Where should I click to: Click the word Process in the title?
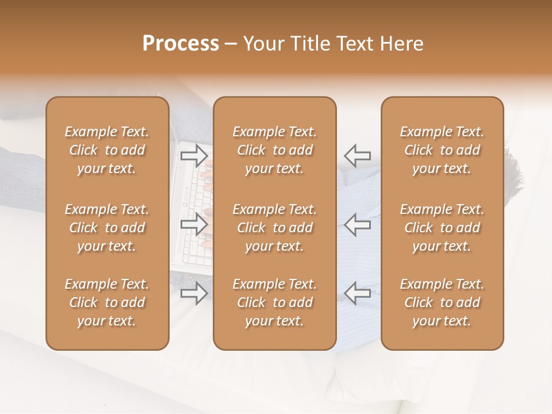pyautogui.click(x=181, y=44)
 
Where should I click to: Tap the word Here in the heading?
pyautogui.click(x=401, y=44)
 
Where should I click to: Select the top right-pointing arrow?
pyautogui.click(x=194, y=155)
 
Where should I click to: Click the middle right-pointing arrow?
pyautogui.click(x=194, y=224)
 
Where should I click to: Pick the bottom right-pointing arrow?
pyautogui.click(x=194, y=293)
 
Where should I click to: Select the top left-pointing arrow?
pyautogui.click(x=357, y=155)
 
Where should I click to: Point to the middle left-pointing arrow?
pyautogui.click(x=357, y=224)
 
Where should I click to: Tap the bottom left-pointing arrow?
pyautogui.click(x=357, y=293)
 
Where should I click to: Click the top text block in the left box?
pyautogui.click(x=107, y=150)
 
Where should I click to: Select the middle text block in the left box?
pyautogui.click(x=107, y=228)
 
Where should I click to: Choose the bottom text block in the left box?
pyautogui.click(x=107, y=302)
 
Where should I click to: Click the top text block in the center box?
pyautogui.click(x=275, y=150)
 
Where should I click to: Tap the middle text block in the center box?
pyautogui.click(x=275, y=228)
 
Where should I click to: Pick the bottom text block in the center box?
pyautogui.click(x=275, y=302)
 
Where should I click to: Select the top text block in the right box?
pyautogui.click(x=442, y=150)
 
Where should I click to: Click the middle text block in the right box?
pyautogui.click(x=442, y=228)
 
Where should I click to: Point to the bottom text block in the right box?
pyautogui.click(x=442, y=302)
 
